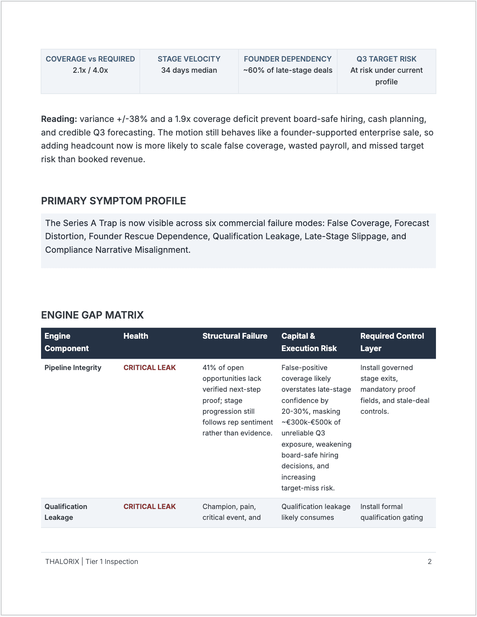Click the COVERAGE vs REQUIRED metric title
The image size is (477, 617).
pyautogui.click(x=90, y=59)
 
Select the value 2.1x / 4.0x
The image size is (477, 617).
pyautogui.click(x=90, y=70)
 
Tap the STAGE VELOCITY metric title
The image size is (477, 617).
pyautogui.click(x=189, y=59)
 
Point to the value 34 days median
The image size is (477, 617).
pyautogui.click(x=189, y=70)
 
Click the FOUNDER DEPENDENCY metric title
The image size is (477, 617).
pyautogui.click(x=288, y=59)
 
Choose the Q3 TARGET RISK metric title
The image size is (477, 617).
pyautogui.click(x=386, y=59)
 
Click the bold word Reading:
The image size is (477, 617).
pyautogui.click(x=59, y=119)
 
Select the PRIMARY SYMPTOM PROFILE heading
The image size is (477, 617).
pyautogui.click(x=113, y=201)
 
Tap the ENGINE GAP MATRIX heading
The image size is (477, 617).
pyautogui.click(x=92, y=315)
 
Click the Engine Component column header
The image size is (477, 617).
pyautogui.click(x=67, y=342)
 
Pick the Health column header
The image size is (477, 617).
pyautogui.click(x=136, y=336)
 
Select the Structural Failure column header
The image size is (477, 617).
pyautogui.click(x=235, y=336)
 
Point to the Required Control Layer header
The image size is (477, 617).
pyautogui.click(x=392, y=342)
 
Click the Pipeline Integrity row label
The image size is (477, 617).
pyautogui.click(x=73, y=368)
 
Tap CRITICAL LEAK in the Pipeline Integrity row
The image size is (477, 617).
pyautogui.click(x=149, y=368)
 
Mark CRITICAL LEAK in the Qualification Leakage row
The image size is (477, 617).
pyautogui.click(x=149, y=507)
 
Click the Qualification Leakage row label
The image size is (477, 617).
pyautogui.click(x=66, y=512)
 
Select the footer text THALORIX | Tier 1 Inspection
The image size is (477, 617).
pyautogui.click(x=92, y=562)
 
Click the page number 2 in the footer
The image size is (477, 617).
pyautogui.click(x=429, y=562)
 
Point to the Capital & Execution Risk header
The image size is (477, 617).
pyautogui.click(x=309, y=342)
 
